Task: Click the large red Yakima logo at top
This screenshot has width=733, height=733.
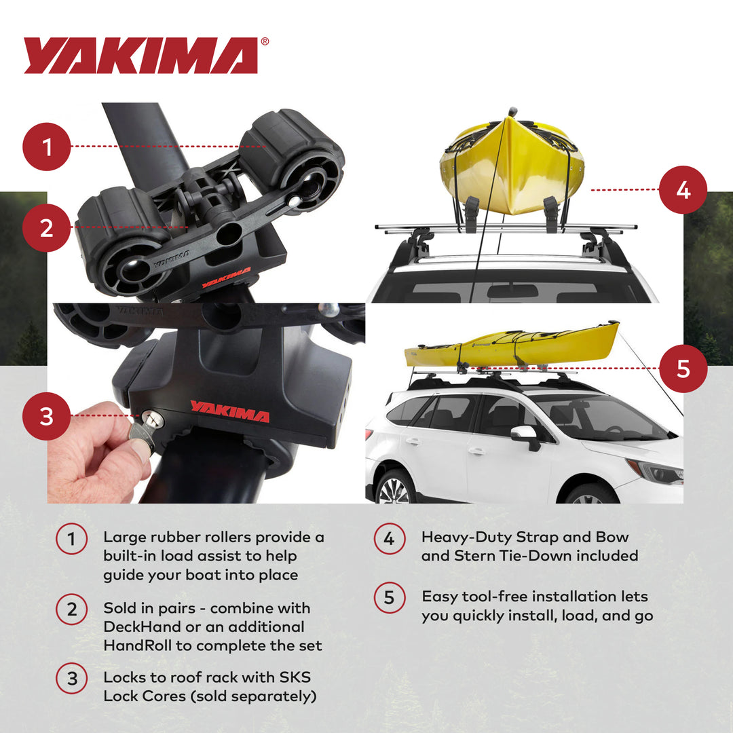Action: coord(140,56)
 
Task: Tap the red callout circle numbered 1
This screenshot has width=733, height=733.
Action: coord(47,146)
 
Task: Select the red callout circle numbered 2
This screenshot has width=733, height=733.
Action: coord(47,227)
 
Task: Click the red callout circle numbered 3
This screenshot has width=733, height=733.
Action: coord(47,417)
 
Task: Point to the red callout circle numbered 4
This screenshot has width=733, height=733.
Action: coord(683,190)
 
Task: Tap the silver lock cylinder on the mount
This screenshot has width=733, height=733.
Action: coord(153,420)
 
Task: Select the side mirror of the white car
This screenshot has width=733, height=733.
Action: coord(526,436)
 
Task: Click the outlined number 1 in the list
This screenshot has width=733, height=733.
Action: coord(71,540)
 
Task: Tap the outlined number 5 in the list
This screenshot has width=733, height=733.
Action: coord(389,598)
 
